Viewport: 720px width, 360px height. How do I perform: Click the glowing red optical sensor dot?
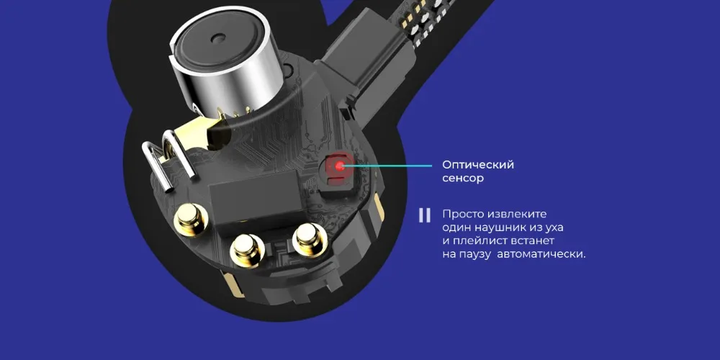pos(340,166)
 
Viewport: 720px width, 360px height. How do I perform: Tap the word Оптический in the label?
pos(478,166)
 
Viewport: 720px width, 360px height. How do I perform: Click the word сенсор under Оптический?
pos(463,178)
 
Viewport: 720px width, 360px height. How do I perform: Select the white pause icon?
pos(424,215)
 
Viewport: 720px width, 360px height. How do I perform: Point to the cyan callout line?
pos(387,166)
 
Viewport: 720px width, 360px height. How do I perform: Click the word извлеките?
pos(518,215)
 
